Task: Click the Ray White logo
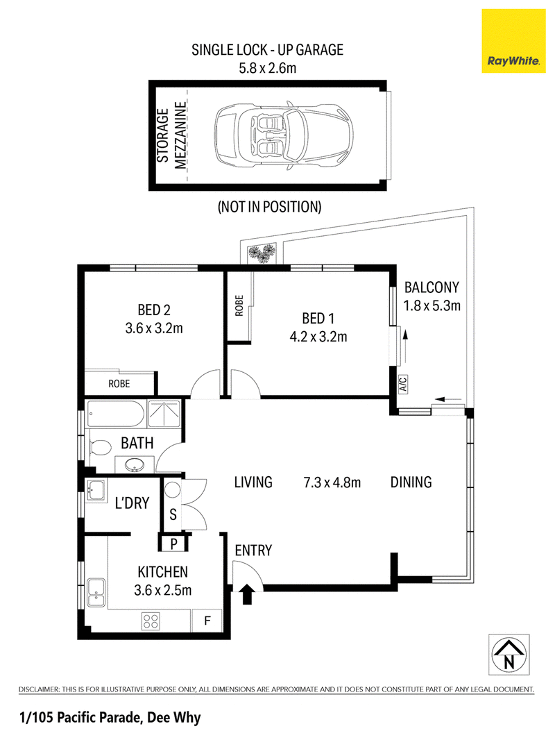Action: [513, 41]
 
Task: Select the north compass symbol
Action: [509, 655]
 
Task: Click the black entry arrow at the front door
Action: [246, 594]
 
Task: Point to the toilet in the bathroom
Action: [99, 447]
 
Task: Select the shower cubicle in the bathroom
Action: [164, 414]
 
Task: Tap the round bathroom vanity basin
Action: [135, 465]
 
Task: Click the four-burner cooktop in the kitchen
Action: [151, 621]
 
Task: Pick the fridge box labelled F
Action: [207, 620]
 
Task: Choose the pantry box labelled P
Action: [173, 544]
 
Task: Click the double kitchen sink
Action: [96, 593]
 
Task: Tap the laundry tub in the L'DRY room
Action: [96, 490]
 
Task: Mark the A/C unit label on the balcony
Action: [402, 384]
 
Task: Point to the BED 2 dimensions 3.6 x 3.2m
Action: [154, 328]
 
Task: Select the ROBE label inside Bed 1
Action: [239, 306]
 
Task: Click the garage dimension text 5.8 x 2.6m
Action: [267, 68]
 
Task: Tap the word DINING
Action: [411, 482]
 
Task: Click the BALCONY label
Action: [432, 287]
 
